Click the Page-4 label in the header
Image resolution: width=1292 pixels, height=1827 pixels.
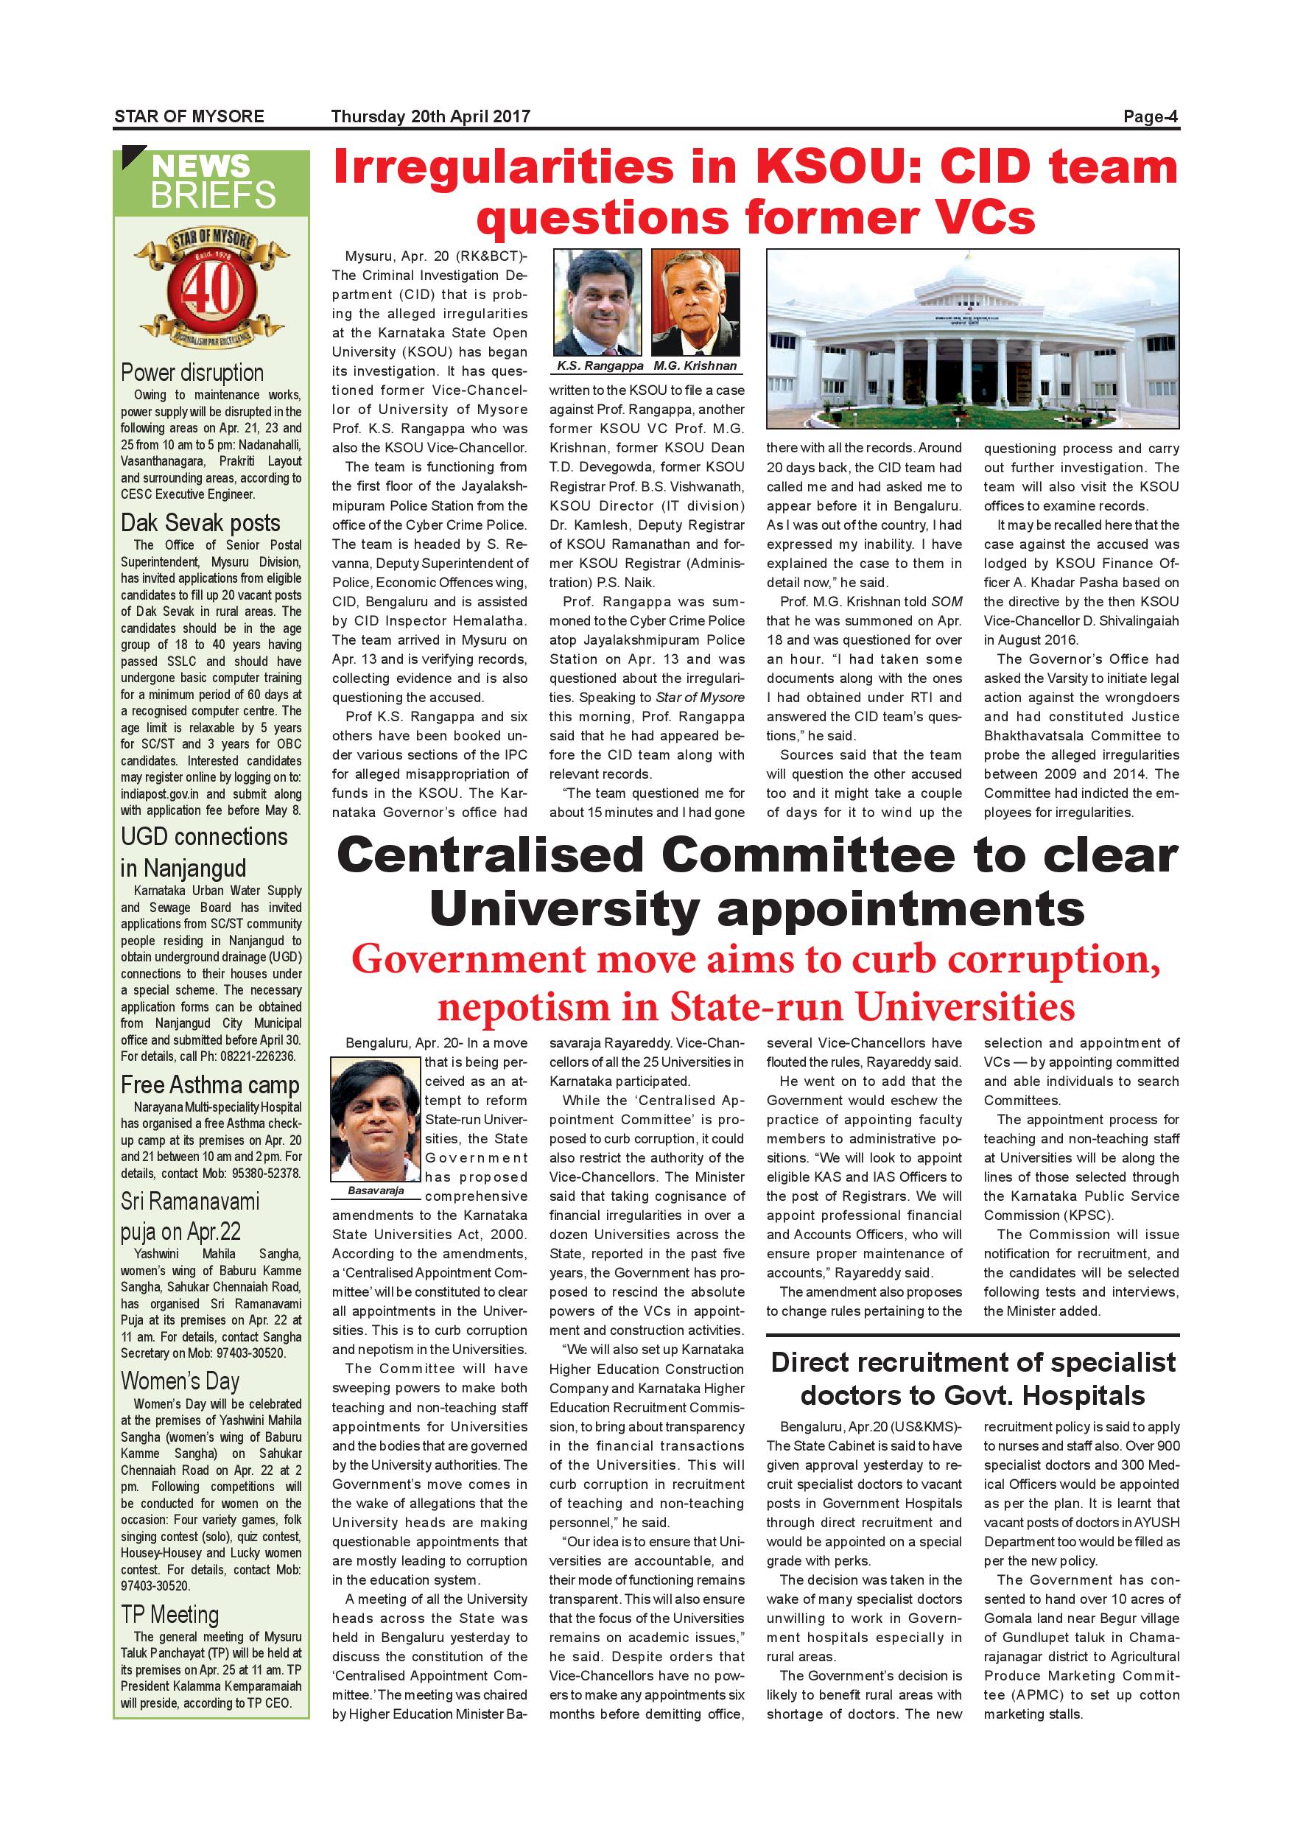coord(1150,117)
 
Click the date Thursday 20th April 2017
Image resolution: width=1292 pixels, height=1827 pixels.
coord(430,117)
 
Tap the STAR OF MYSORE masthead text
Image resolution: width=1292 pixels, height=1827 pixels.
coord(189,117)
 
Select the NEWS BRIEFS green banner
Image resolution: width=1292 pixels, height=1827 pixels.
coord(211,182)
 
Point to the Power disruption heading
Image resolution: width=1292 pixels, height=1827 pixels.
coord(192,373)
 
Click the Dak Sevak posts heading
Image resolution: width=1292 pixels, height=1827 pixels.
coord(200,523)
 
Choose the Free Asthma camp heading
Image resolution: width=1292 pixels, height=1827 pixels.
coord(210,1084)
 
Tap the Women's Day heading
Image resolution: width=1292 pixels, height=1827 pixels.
coord(180,1381)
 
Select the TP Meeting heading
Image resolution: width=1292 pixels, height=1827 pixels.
coord(169,1615)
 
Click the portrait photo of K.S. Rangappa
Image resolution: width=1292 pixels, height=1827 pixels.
coord(597,302)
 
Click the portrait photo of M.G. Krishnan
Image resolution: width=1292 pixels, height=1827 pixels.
coord(695,302)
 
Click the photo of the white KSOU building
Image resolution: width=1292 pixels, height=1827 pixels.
coord(972,339)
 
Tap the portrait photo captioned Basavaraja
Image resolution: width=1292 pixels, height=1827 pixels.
coord(376,1120)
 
